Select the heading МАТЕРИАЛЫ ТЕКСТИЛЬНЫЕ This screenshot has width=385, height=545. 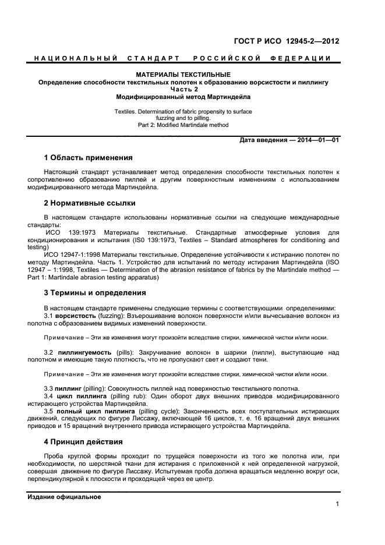[183, 75]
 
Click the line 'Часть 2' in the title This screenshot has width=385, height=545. [183, 90]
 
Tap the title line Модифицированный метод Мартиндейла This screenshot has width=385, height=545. [183, 97]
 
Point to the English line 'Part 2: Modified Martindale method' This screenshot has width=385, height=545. [183, 125]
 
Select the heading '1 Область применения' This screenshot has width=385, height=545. [88, 158]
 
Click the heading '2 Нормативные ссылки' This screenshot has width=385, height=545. [90, 203]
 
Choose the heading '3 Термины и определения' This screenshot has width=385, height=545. [95, 293]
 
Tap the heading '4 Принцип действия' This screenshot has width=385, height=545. [83, 442]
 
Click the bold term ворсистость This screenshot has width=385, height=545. [76, 315]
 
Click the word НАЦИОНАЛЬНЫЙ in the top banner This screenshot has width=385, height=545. [75, 58]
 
